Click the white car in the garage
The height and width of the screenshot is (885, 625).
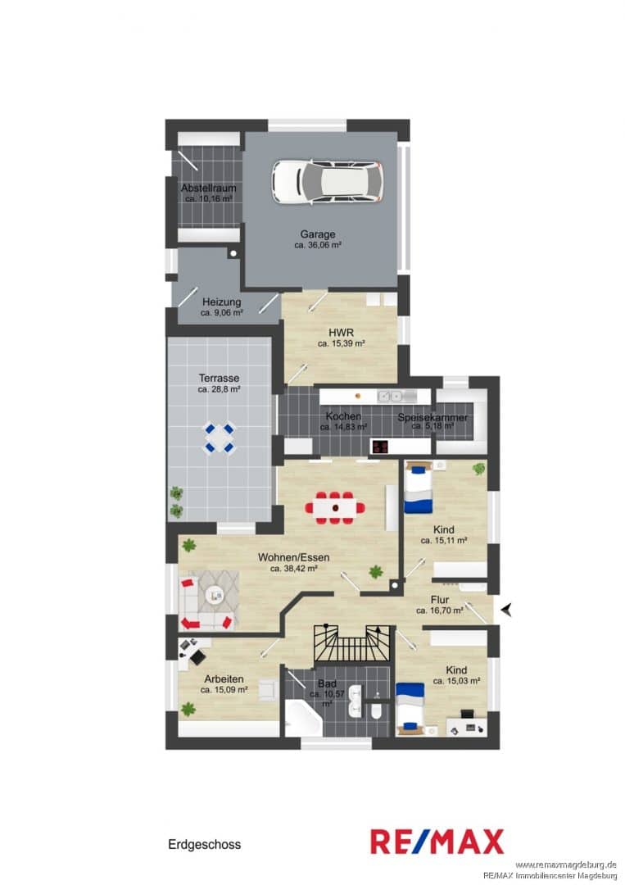click(x=328, y=182)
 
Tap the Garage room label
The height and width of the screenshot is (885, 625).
click(x=318, y=234)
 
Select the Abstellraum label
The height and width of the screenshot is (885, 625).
click(x=209, y=188)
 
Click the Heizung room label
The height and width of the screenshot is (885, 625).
click(x=222, y=302)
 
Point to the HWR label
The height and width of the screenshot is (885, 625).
click(x=342, y=333)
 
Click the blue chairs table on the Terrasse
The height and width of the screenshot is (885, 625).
click(x=219, y=438)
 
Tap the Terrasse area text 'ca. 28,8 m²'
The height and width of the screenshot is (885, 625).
click(x=220, y=389)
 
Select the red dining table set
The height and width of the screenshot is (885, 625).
click(x=335, y=508)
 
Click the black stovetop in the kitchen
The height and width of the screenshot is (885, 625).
click(x=379, y=447)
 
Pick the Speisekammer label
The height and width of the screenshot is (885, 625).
click(x=433, y=418)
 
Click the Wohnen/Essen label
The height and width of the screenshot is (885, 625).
click(x=293, y=557)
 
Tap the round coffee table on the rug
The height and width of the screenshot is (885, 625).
click(x=215, y=595)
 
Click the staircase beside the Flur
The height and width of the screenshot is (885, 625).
click(x=352, y=642)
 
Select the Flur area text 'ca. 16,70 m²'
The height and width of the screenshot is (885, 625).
click(x=440, y=610)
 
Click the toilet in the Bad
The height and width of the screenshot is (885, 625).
click(x=376, y=711)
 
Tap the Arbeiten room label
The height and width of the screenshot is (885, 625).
click(x=224, y=679)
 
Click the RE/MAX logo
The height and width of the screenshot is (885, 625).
click(x=437, y=842)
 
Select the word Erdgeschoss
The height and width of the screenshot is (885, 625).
click(x=204, y=844)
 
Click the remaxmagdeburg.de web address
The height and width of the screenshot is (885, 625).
click(x=565, y=865)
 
